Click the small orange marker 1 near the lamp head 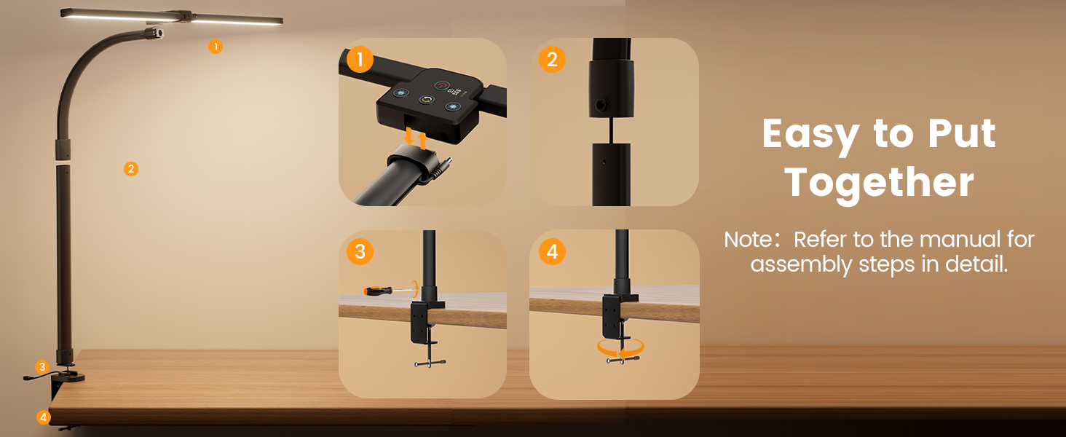pyautogui.click(x=216, y=47)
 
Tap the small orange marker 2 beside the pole pyautogui.click(x=131, y=169)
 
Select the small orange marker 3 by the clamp pyautogui.click(x=42, y=367)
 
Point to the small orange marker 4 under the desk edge pyautogui.click(x=43, y=417)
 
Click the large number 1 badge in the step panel pyautogui.click(x=360, y=60)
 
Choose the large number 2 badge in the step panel pyautogui.click(x=552, y=60)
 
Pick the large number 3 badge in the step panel pyautogui.click(x=360, y=251)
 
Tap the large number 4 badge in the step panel pyautogui.click(x=552, y=251)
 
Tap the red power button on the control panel pyautogui.click(x=442, y=86)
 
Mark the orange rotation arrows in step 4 pyautogui.click(x=620, y=348)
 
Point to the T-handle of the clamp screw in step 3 pyautogui.click(x=430, y=363)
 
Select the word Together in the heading pyautogui.click(x=879, y=183)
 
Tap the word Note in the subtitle pyautogui.click(x=748, y=240)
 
